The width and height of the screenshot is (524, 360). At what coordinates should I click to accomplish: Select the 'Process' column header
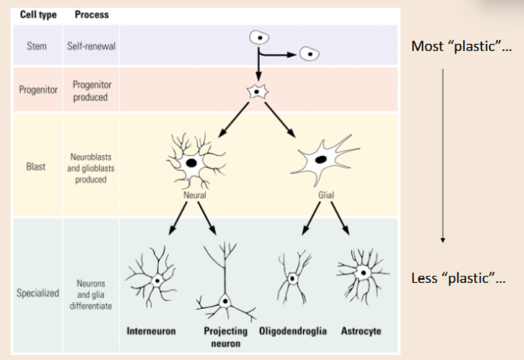[91, 14]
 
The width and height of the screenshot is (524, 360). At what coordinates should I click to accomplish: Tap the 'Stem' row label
[36, 46]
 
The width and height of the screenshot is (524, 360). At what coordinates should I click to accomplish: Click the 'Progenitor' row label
[37, 90]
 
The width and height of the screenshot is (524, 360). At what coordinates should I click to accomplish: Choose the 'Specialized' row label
[37, 293]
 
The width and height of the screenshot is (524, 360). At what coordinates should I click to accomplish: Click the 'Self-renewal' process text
[91, 46]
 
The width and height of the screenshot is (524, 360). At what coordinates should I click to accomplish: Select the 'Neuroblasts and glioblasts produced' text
[91, 168]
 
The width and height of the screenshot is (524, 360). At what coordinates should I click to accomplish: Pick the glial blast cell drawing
[321, 160]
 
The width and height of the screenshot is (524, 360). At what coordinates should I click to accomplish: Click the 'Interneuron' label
[151, 332]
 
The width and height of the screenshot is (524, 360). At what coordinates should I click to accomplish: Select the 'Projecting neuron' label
[226, 337]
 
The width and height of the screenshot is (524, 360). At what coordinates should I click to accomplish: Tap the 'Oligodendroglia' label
[293, 332]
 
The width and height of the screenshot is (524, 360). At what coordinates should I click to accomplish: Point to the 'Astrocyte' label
[361, 332]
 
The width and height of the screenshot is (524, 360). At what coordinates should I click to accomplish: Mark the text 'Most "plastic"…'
[461, 46]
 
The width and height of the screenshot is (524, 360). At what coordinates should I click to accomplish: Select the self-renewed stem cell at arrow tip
[309, 54]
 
